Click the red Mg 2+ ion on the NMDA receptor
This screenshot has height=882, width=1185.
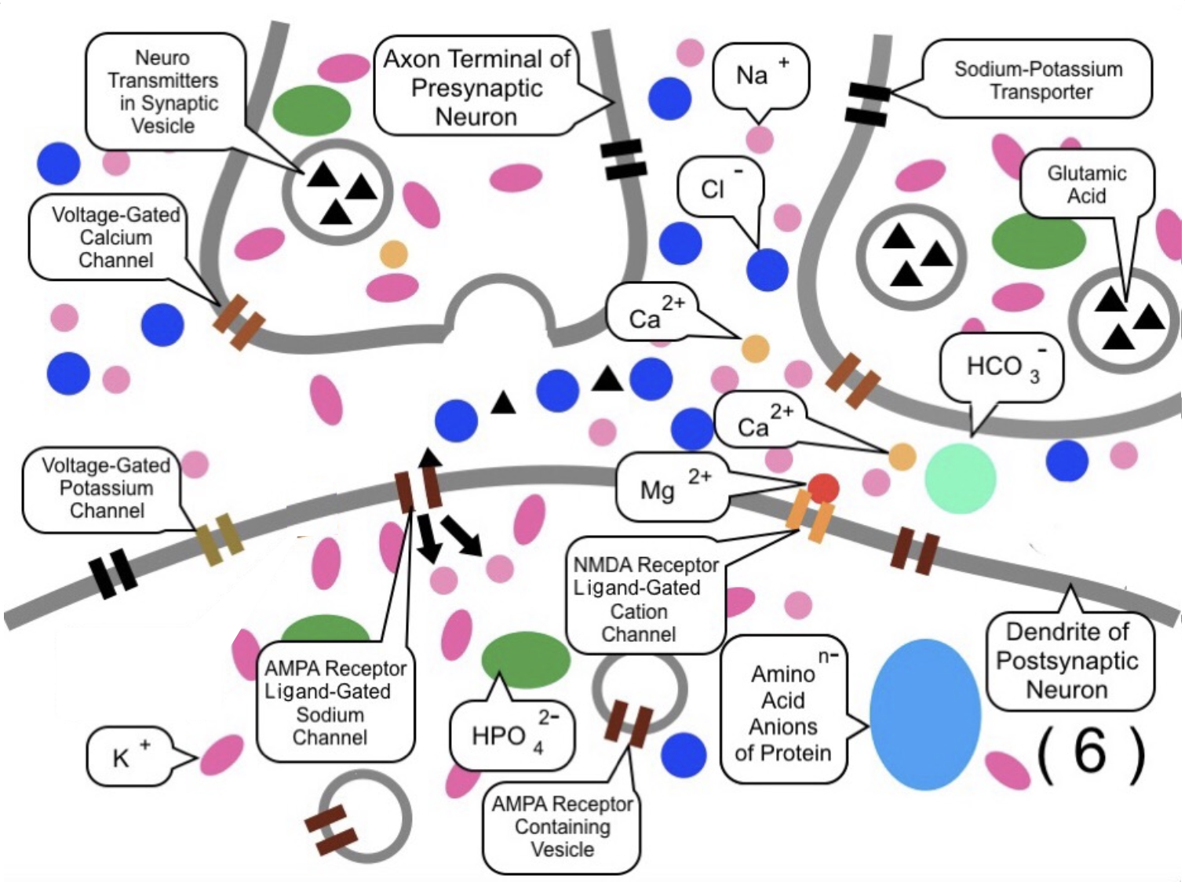click(823, 488)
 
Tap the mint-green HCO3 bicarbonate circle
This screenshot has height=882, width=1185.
click(960, 478)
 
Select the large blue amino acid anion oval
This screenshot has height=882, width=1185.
click(924, 714)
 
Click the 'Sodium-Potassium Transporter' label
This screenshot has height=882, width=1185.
click(1038, 80)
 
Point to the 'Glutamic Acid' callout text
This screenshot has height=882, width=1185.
click(1086, 184)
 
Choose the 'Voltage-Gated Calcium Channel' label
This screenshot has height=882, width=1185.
click(115, 237)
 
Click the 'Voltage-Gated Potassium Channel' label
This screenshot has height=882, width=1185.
click(106, 488)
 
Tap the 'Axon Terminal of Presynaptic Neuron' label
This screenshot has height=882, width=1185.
click(476, 87)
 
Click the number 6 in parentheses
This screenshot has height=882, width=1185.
click(1091, 752)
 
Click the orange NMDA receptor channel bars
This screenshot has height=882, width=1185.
click(810, 517)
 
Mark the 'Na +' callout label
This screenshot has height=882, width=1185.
click(758, 75)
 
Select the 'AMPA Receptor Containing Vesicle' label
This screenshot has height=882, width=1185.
click(562, 826)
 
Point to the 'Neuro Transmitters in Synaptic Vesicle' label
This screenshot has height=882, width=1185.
click(163, 91)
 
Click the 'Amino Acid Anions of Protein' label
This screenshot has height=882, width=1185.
click(783, 713)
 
